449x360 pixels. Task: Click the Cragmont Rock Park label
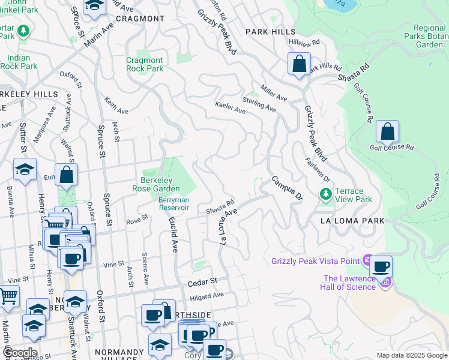coord(145,64)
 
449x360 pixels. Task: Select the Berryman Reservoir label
coord(174,203)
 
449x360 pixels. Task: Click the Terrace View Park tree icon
coord(326,194)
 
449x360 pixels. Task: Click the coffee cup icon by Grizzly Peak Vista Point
coord(380,266)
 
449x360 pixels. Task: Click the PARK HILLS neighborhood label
coord(270,31)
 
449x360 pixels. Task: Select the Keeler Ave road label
coord(231,108)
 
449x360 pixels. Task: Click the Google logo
coord(20,353)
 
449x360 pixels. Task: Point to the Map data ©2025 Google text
coord(411,355)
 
